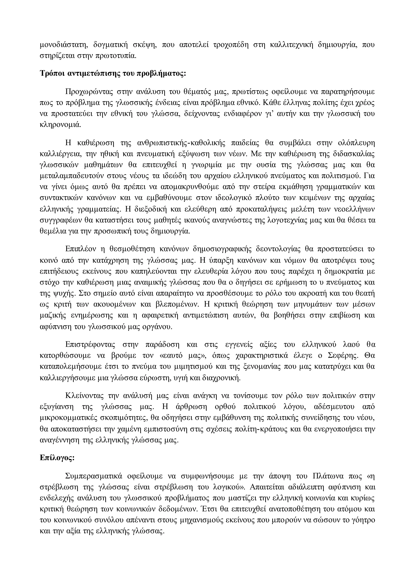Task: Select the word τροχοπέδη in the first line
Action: pyautogui.click(x=230, y=45)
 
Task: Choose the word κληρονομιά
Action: pyautogui.click(x=60, y=125)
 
